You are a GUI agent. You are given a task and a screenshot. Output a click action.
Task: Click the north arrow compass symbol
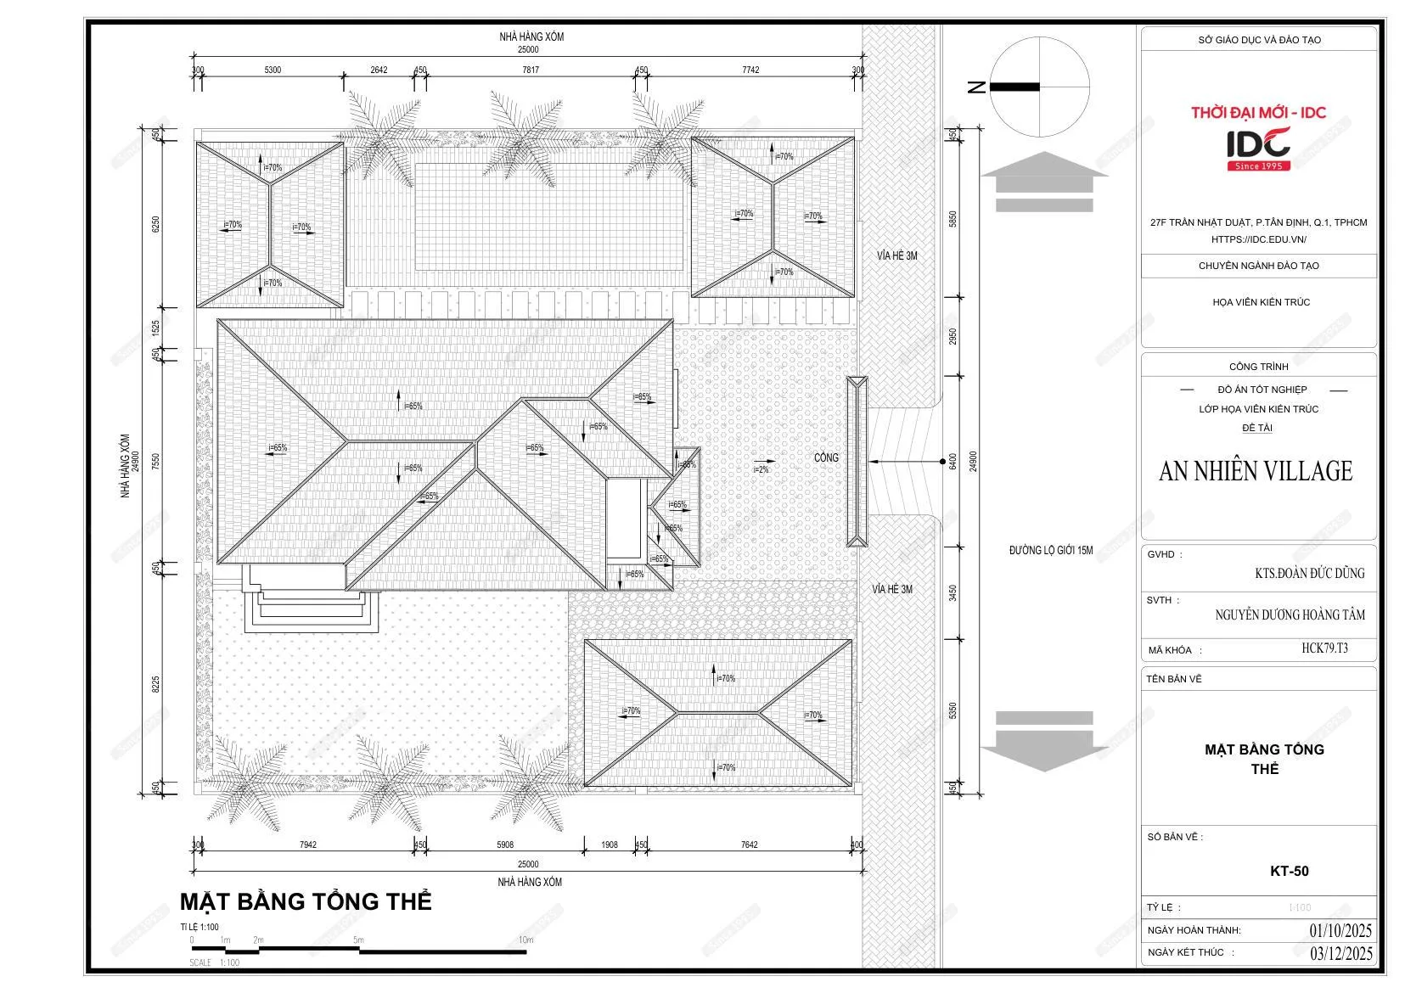[x=1039, y=87]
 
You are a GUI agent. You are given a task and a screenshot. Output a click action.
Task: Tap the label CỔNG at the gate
[x=825, y=457]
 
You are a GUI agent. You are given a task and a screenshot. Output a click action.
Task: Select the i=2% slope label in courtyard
[x=761, y=469]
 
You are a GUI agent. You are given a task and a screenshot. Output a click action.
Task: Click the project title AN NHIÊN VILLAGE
[x=1256, y=472]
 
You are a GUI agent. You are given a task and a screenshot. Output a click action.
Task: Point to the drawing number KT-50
[x=1289, y=871]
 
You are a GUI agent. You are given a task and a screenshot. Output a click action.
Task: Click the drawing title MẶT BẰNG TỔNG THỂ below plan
[x=306, y=901]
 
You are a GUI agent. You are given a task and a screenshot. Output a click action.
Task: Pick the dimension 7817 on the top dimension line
[x=531, y=70]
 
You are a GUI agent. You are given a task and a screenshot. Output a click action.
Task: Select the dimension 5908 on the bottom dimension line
[x=505, y=844]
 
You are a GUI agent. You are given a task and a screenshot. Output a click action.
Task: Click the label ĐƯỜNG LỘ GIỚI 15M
[x=1050, y=551]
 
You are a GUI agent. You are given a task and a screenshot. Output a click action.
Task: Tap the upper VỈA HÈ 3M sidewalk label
[x=896, y=255]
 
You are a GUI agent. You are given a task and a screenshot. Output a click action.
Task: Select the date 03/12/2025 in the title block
[x=1340, y=953]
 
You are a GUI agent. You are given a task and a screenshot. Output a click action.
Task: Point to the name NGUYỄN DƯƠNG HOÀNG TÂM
[x=1290, y=614]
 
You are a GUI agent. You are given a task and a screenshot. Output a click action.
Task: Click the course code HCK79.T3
[x=1324, y=648]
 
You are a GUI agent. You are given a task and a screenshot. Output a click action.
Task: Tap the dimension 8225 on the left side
[x=155, y=684]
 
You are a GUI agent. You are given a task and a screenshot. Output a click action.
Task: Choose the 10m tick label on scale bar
[x=525, y=940]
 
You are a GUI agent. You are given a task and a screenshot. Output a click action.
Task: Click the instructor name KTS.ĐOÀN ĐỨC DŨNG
[x=1309, y=574]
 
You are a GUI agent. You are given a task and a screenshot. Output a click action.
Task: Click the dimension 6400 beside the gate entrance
[x=953, y=461]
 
